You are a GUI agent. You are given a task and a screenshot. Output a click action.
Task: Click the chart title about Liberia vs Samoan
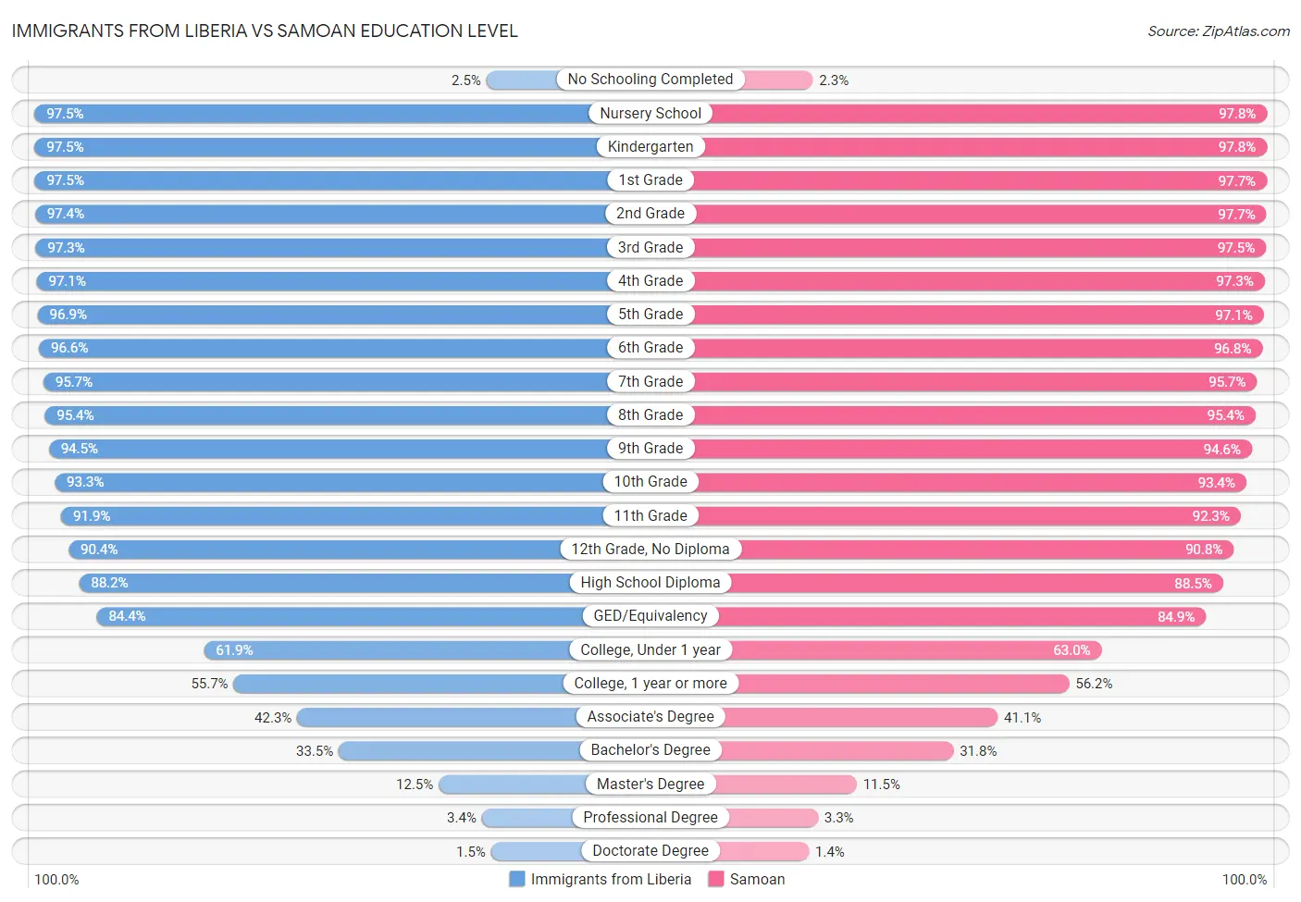(265, 31)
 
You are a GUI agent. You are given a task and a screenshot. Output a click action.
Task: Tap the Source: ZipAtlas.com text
(1218, 31)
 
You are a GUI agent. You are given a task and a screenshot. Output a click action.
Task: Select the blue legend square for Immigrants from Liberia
(517, 879)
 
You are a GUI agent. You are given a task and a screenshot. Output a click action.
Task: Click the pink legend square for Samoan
(715, 879)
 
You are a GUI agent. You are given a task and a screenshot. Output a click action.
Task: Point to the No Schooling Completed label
(650, 80)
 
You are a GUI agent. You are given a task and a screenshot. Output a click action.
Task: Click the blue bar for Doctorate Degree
(537, 851)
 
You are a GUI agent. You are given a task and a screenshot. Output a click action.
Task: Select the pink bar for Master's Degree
(786, 785)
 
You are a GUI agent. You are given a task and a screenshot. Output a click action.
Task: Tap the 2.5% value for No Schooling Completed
(465, 80)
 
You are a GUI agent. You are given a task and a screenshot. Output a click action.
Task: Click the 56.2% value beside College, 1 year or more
(1094, 684)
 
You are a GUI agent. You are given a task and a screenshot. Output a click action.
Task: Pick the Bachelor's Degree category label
(650, 750)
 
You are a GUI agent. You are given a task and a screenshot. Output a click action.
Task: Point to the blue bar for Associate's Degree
(438, 717)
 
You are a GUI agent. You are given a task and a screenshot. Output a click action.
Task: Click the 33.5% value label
(314, 751)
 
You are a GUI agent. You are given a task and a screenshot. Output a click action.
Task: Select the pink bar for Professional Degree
(774, 818)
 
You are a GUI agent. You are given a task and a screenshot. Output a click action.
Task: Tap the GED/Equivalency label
(650, 616)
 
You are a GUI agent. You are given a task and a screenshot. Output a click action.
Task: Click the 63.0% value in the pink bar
(1072, 650)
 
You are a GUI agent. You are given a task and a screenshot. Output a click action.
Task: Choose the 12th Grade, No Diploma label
(650, 550)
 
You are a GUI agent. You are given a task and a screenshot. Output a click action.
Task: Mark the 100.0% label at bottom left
(56, 879)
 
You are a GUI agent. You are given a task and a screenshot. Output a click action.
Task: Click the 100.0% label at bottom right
(1244, 879)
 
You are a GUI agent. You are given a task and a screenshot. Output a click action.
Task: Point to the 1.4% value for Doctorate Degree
(829, 852)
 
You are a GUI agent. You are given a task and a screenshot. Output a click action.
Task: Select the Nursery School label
(650, 113)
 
